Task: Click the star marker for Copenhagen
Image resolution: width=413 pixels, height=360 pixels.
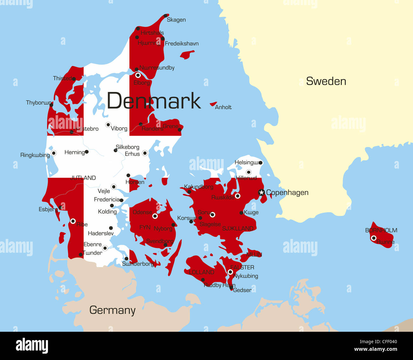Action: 261,192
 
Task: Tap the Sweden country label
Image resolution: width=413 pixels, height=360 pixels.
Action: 326,81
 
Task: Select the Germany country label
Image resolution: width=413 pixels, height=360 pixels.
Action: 112,310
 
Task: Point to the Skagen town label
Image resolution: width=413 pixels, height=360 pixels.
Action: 176,20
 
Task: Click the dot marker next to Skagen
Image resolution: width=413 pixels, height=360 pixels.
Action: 166,16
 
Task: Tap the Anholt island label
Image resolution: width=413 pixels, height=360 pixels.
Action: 223,107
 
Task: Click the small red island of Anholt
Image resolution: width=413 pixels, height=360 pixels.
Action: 213,104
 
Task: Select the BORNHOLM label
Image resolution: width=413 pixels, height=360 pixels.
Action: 381,230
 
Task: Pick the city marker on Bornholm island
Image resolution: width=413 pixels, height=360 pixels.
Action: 374,238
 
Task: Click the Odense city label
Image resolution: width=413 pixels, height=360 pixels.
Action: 142,212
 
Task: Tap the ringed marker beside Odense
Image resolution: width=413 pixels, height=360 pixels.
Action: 155,216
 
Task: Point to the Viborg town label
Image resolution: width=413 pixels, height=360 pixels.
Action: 119,129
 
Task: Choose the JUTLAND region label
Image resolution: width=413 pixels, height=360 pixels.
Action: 83,178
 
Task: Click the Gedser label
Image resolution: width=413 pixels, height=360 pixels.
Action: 242,290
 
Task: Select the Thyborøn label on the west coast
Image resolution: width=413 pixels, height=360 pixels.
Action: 38,103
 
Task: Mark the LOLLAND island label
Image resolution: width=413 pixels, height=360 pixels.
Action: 201,272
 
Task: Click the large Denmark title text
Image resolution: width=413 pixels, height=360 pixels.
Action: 154,101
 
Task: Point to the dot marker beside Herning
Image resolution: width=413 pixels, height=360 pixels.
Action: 87,152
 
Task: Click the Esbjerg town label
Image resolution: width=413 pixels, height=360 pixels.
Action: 48,209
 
